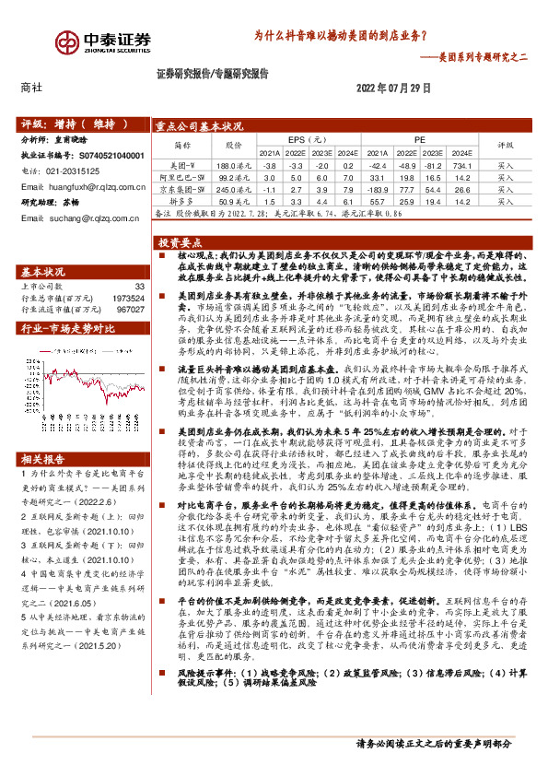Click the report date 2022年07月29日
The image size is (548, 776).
(392, 88)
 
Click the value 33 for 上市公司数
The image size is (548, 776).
(140, 288)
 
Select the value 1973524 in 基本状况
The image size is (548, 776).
(129, 299)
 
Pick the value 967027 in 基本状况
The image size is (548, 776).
(132, 310)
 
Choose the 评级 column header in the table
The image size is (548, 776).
(506, 145)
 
